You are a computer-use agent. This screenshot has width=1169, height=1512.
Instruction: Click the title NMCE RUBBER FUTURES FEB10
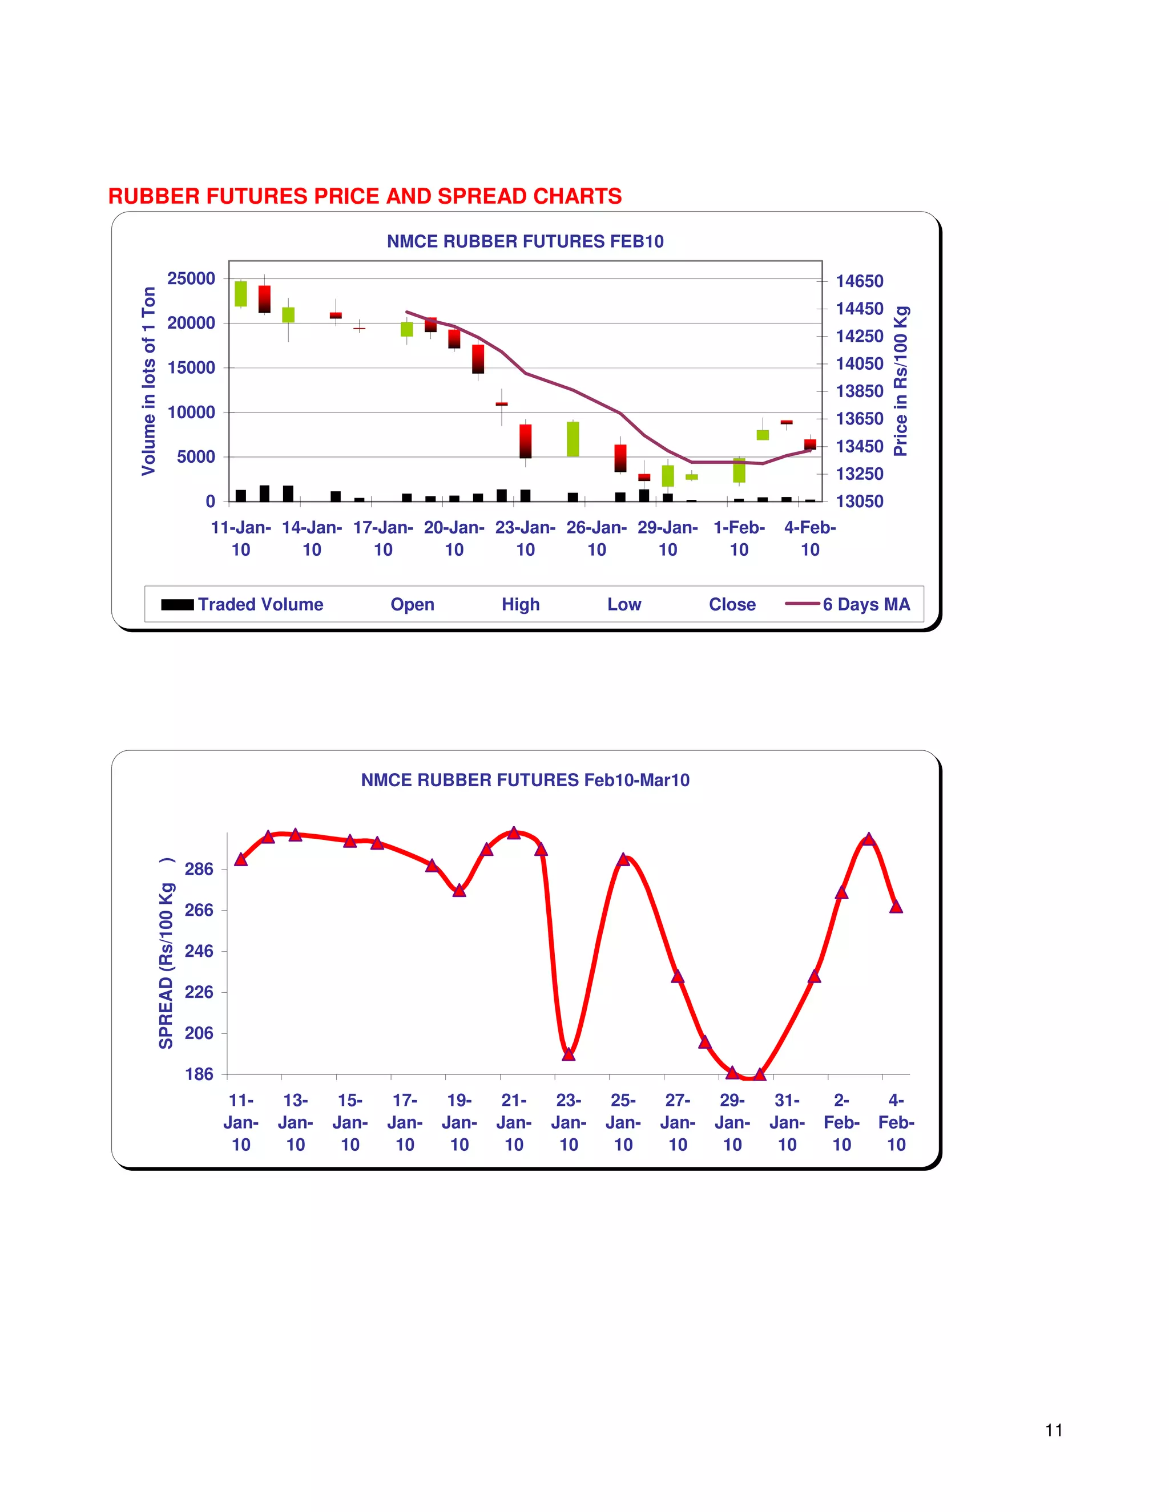pos(525,241)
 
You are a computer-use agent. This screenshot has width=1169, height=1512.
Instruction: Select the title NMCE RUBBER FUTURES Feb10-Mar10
pos(525,780)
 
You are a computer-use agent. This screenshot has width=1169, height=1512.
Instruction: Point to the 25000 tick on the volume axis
pos(191,278)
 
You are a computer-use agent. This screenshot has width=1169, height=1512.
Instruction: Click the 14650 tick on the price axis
pos(860,281)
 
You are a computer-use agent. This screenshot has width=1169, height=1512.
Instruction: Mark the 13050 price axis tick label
pos(860,501)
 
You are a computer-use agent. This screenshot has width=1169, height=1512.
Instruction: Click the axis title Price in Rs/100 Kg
pos(900,381)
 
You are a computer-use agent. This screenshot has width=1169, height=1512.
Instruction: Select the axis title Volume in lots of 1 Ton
pos(148,381)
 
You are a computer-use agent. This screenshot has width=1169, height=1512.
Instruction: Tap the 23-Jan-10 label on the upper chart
pos(525,539)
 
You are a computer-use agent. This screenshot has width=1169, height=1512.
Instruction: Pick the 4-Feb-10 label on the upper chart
pos(809,539)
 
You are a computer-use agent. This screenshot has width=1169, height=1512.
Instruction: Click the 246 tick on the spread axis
pos(199,951)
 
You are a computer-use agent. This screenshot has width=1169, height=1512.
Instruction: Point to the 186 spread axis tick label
pos(199,1074)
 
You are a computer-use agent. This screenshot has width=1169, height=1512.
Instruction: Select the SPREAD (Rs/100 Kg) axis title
pos(166,955)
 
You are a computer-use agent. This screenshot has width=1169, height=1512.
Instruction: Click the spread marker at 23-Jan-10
pos(569,1054)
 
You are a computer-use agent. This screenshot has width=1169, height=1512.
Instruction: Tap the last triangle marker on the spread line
pos(896,906)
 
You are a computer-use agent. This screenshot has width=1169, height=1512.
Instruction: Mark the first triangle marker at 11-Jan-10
pos(241,859)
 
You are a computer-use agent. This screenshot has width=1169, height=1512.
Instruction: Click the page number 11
pos(1053,1430)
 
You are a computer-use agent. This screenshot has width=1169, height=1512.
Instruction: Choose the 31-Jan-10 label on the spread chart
pos(787,1122)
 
